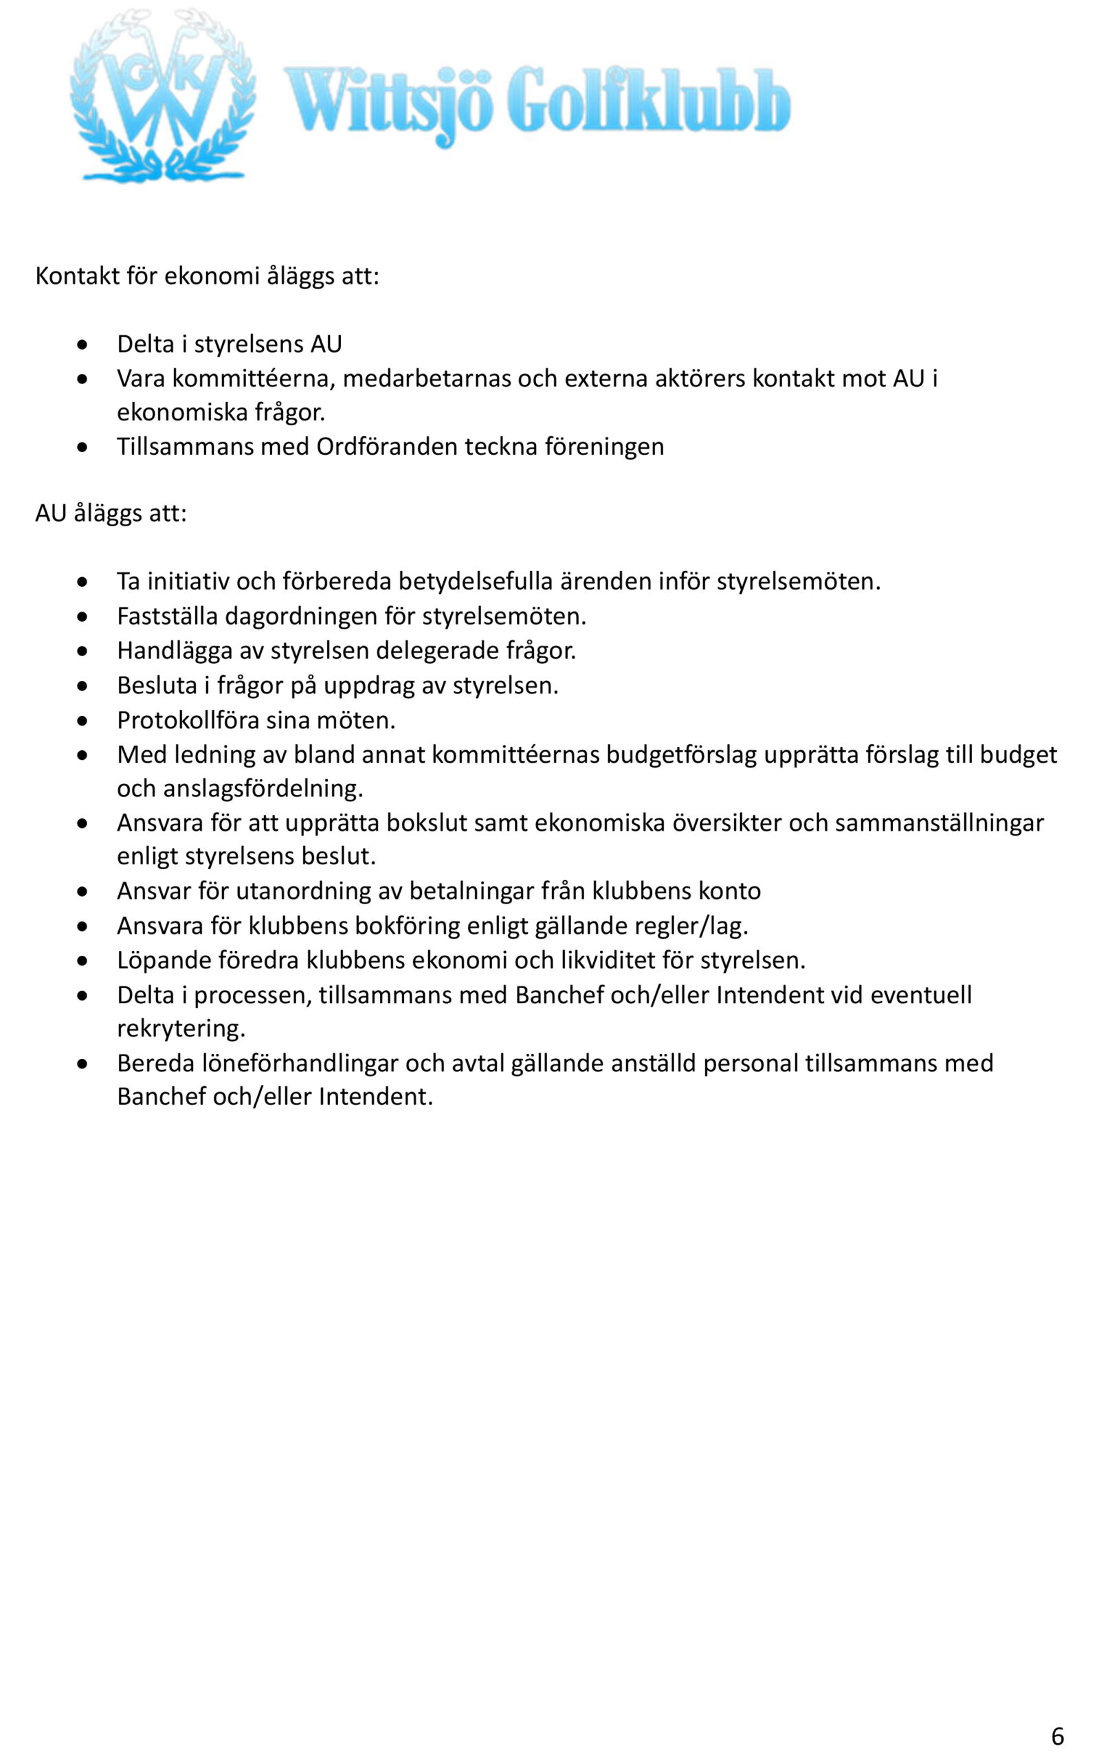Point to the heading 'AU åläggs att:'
click(111, 513)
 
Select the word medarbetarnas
click(427, 379)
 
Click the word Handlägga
click(175, 650)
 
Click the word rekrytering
click(180, 1028)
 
